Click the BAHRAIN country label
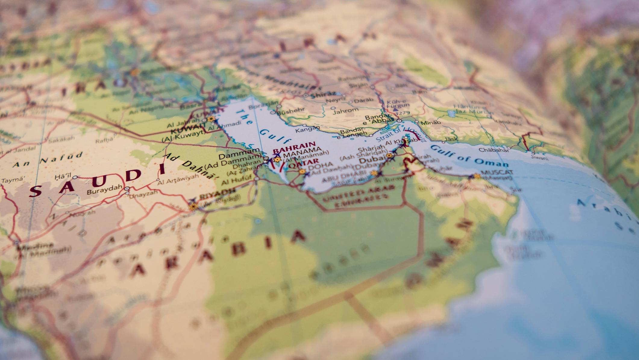pos(294,144)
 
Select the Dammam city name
pos(239,150)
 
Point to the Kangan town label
pos(307,130)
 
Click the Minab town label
pos(431,122)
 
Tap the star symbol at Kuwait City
pos(211,119)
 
